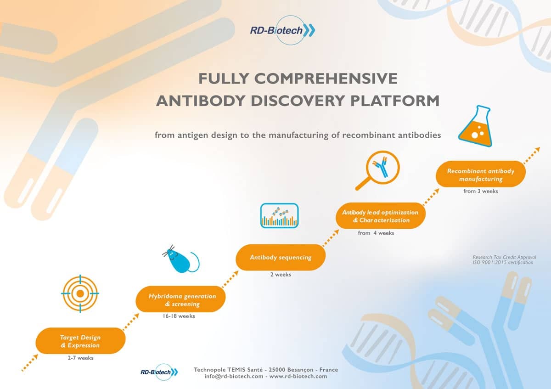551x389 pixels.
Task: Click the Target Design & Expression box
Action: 80,341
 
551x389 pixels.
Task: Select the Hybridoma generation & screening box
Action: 180,299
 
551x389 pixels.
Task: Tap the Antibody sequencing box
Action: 281,257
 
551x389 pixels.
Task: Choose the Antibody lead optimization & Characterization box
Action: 381,216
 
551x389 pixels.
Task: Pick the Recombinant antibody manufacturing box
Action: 481,174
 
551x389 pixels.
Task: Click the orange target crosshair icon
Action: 80,293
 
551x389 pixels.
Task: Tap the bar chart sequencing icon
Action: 280,215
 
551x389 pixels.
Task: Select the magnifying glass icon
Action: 377,170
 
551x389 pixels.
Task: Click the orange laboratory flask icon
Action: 475,126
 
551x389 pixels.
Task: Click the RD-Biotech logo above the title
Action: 283,30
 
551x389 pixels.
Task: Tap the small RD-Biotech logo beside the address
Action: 159,372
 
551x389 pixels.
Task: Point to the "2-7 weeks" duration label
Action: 81,358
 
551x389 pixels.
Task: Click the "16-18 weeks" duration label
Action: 179,316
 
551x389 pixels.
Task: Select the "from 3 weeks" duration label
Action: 481,191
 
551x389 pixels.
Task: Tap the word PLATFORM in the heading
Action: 395,101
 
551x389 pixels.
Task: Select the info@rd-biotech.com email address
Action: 234,376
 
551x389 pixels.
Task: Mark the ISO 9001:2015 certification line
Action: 503,263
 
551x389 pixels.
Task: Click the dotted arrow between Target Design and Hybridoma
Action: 131,321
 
